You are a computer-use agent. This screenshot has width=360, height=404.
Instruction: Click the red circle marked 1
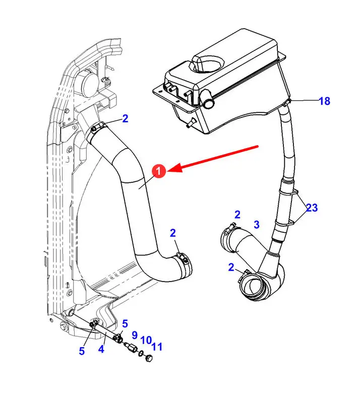tap(159, 171)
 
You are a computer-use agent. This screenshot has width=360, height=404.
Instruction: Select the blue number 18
tap(324, 101)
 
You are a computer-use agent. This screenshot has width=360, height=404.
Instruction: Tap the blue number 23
tap(312, 208)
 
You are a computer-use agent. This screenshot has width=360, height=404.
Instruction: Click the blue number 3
tap(256, 224)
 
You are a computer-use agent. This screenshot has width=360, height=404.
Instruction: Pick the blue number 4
tap(101, 349)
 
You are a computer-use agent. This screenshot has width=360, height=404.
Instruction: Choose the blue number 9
tap(135, 335)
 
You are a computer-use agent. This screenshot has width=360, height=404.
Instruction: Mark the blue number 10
tap(146, 341)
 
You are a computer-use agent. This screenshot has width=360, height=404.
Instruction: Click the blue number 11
tap(157, 347)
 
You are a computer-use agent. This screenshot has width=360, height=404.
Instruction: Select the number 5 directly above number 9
tap(125, 324)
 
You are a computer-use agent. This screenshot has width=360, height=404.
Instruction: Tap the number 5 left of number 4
tap(82, 351)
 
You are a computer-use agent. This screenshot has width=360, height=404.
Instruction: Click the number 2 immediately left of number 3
tap(237, 215)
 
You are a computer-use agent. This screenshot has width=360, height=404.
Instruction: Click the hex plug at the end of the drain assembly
tap(149, 358)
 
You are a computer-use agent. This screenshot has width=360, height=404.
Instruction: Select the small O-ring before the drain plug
tap(141, 353)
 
